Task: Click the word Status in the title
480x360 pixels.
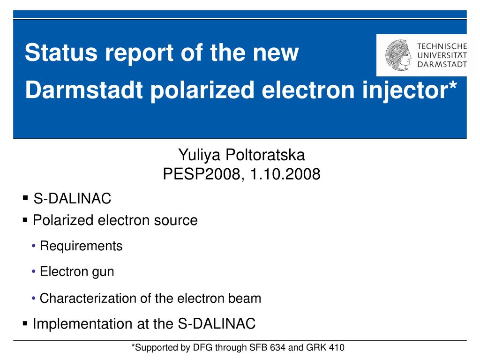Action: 61,52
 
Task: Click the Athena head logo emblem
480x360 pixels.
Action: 398,55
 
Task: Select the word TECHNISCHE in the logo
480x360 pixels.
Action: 442,46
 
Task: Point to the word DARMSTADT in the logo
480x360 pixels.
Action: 442,64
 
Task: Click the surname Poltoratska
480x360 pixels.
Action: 265,155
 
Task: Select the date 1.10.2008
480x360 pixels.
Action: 285,174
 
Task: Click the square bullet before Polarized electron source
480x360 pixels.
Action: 25,220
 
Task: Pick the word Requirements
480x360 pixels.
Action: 81,246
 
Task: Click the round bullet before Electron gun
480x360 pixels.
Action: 34,271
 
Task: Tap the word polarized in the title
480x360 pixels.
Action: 202,91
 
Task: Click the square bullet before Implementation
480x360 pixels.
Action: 25,323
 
